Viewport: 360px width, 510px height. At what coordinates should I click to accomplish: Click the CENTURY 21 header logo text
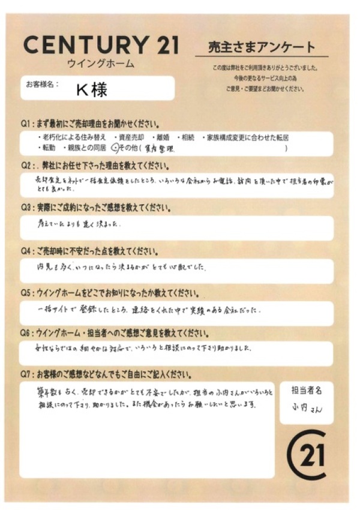coord(101,45)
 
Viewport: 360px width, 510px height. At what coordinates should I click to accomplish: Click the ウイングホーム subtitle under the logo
coord(100,64)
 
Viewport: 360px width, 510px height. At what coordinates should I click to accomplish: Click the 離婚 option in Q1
coord(163,137)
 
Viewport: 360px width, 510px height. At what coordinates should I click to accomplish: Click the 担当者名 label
coord(306,391)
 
